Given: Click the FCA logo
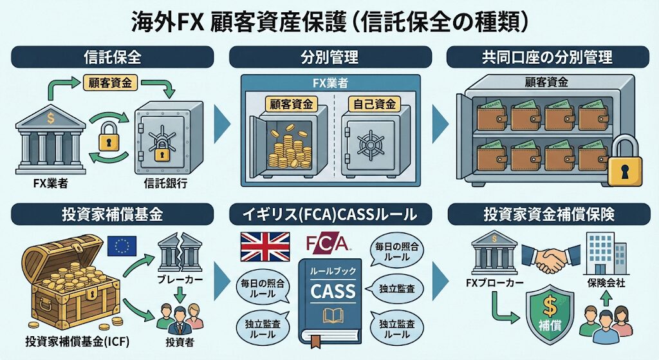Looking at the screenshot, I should (328, 243).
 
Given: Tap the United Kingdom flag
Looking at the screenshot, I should (265, 247).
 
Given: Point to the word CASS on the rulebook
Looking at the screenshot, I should (333, 290).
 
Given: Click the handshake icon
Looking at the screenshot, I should (550, 257).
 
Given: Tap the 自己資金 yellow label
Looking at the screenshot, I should (374, 103).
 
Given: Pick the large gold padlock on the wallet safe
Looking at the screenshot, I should (624, 164).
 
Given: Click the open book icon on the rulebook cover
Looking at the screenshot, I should (333, 316).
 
